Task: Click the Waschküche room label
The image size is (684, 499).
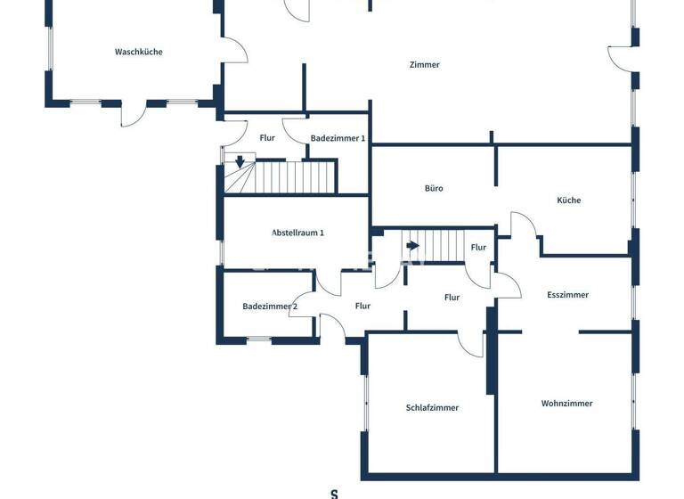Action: tap(139, 52)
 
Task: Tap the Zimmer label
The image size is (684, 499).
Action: tap(424, 64)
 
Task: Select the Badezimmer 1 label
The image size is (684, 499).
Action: tap(338, 138)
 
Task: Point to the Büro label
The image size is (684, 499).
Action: tap(434, 188)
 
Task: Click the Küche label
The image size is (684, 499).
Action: tap(568, 200)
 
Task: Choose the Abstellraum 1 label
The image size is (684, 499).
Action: tap(297, 233)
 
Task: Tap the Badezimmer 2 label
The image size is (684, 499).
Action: tap(270, 307)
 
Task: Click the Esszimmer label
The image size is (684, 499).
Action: tap(567, 295)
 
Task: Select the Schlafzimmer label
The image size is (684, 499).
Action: tap(432, 407)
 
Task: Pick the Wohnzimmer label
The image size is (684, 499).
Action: tap(566, 403)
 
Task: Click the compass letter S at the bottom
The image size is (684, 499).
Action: tap(334, 493)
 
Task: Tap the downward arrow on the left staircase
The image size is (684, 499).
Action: tap(239, 161)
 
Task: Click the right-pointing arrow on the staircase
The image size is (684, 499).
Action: tap(412, 245)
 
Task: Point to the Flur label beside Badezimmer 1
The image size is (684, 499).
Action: tap(267, 138)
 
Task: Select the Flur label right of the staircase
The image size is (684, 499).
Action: tap(478, 248)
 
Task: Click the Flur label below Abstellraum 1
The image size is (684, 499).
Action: tap(362, 306)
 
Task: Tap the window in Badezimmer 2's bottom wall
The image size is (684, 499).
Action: tap(258, 339)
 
